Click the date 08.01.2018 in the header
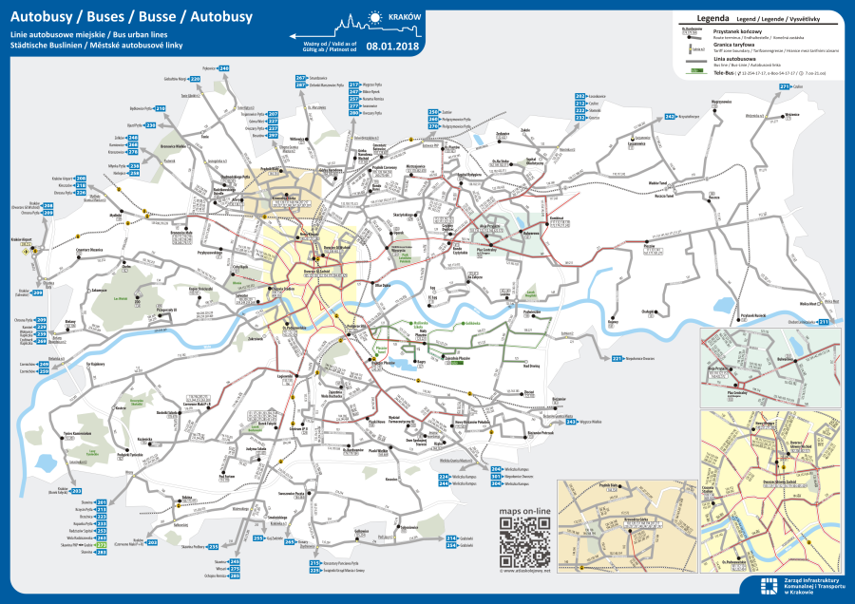[392, 45]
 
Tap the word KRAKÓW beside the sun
[406, 17]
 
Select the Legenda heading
[712, 17]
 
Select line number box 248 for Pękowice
[224, 69]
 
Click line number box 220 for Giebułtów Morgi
[195, 80]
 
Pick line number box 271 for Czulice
[785, 86]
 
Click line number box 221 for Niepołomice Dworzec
[617, 358]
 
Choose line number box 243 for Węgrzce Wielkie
[571, 421]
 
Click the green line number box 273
[101, 545]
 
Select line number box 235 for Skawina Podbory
[213, 546]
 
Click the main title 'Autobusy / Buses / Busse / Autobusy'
[118, 16]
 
